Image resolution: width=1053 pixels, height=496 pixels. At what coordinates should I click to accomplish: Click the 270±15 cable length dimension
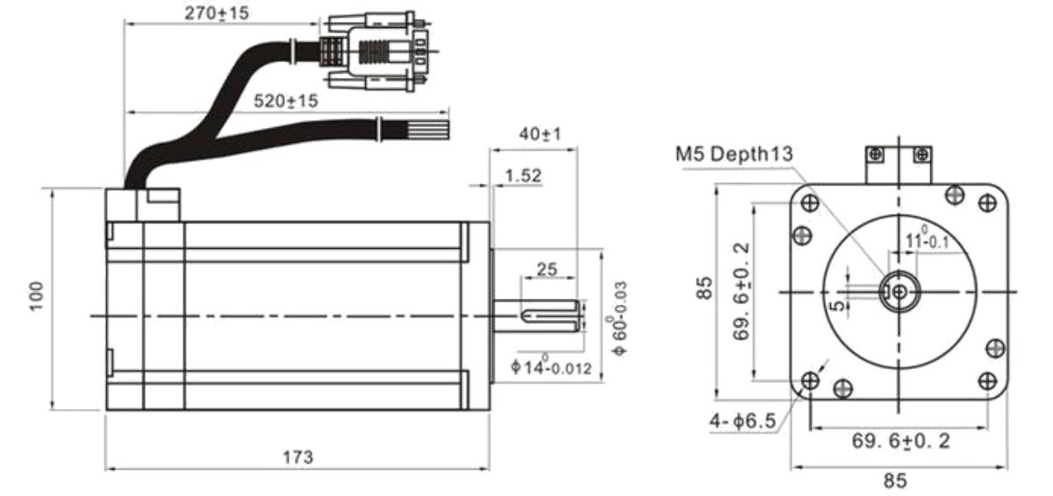(x=216, y=13)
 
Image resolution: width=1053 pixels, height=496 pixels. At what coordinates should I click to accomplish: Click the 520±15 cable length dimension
(x=286, y=101)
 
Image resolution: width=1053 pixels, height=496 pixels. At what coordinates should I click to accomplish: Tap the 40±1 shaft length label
(x=541, y=134)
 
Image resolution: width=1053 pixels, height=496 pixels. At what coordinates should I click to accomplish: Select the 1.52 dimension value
(x=523, y=175)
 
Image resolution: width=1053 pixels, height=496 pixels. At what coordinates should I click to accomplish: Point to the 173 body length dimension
(x=297, y=457)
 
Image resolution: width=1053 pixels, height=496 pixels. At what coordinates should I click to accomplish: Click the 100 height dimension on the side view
(x=36, y=295)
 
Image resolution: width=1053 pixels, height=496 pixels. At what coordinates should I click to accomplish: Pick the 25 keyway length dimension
(x=547, y=269)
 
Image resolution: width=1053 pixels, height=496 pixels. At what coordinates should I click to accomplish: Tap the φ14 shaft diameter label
(x=551, y=365)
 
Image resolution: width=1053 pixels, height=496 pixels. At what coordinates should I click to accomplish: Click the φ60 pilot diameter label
(x=618, y=319)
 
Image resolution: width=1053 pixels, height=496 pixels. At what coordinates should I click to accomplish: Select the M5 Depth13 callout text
(x=734, y=154)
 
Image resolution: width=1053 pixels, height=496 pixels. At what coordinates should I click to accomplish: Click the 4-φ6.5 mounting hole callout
(x=742, y=421)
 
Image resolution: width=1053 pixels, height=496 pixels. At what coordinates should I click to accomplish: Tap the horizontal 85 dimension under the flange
(x=894, y=481)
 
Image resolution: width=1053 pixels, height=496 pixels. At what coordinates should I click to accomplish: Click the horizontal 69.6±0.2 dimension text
(x=900, y=441)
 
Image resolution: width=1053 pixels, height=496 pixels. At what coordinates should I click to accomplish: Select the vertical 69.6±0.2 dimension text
(x=741, y=291)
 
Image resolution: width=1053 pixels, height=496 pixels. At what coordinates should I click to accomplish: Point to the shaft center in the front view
(x=899, y=292)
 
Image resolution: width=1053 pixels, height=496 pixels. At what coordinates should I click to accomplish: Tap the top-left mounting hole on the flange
(x=809, y=203)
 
